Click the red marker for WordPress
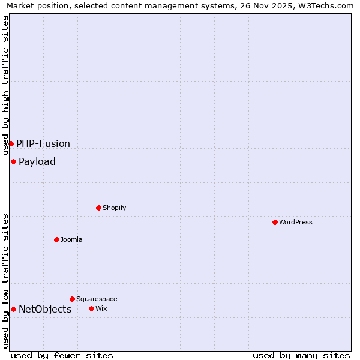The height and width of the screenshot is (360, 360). pyautogui.click(x=275, y=222)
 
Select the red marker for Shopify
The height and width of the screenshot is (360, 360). pyautogui.click(x=98, y=208)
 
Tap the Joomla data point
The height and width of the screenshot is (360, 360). pyautogui.click(x=56, y=239)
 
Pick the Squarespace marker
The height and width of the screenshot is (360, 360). pyautogui.click(x=72, y=299)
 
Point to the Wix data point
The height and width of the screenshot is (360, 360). pyautogui.click(x=91, y=308)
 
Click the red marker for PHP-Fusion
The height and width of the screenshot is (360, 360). pyautogui.click(x=11, y=143)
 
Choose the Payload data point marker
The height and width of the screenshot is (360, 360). pyautogui.click(x=13, y=161)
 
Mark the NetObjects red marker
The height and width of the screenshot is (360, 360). pyautogui.click(x=13, y=309)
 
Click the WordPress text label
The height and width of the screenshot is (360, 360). pyautogui.click(x=296, y=222)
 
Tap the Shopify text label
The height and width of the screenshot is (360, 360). pyautogui.click(x=115, y=208)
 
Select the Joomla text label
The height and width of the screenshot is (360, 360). pyautogui.click(x=71, y=239)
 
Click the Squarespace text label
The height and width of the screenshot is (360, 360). pyautogui.click(x=97, y=299)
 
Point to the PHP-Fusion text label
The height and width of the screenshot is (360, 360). pyautogui.click(x=43, y=143)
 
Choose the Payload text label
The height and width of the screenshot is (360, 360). pyautogui.click(x=37, y=161)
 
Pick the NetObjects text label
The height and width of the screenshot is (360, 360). pyautogui.click(x=45, y=309)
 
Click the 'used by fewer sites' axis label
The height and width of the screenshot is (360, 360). pyautogui.click(x=62, y=355)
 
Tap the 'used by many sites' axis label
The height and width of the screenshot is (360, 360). pyautogui.click(x=301, y=355)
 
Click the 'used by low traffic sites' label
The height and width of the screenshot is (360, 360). pyautogui.click(x=6, y=280)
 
